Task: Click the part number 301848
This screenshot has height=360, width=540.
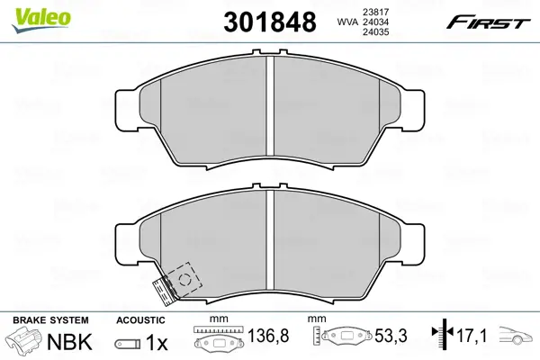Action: (270, 22)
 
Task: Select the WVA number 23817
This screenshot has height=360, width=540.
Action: (375, 12)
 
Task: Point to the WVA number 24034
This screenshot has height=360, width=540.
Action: (375, 22)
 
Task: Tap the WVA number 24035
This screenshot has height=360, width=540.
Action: (375, 32)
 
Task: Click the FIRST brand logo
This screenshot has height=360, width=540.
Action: (488, 22)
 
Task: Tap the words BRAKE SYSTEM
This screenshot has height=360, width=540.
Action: (50, 320)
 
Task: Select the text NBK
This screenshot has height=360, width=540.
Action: (69, 341)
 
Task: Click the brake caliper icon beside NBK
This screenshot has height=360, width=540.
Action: (25, 341)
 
